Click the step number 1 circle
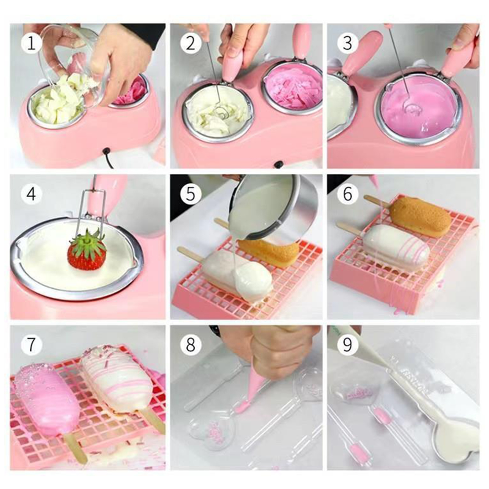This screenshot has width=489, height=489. click(x=31, y=43)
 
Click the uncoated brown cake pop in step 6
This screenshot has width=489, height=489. click(x=416, y=215)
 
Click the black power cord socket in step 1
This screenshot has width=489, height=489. click(x=106, y=151)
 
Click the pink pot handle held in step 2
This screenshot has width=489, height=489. click(x=234, y=64)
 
